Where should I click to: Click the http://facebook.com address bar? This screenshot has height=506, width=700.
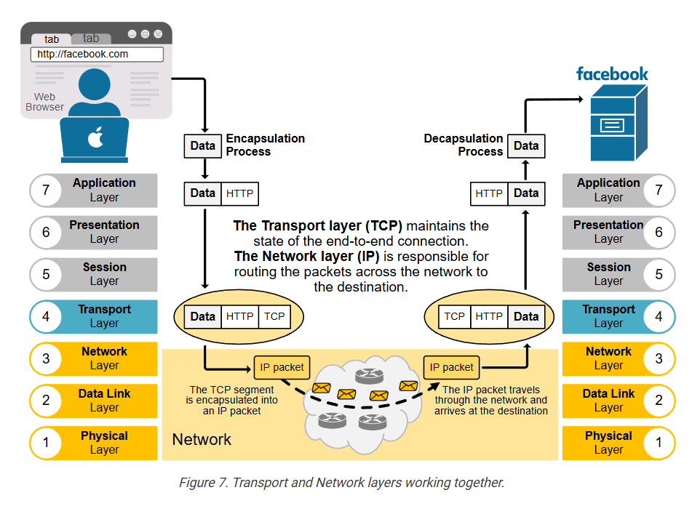click(97, 54)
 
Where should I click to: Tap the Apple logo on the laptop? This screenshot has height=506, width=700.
click(95, 138)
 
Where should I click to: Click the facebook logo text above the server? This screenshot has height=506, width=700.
click(612, 73)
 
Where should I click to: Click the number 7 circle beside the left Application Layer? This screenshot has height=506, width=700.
click(46, 190)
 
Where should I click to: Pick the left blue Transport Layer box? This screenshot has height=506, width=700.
click(104, 316)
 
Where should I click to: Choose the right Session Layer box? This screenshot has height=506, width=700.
click(608, 274)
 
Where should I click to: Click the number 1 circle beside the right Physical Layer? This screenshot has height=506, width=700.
click(659, 443)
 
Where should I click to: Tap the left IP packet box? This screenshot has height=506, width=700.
click(282, 367)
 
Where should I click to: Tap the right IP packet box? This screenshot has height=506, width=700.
click(452, 367)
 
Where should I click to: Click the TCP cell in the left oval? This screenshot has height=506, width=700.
click(274, 316)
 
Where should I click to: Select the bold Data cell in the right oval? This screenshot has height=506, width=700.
click(525, 316)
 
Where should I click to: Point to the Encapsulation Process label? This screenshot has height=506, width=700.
click(265, 145)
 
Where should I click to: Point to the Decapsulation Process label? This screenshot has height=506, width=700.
click(464, 145)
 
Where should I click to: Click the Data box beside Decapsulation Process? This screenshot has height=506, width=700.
click(525, 145)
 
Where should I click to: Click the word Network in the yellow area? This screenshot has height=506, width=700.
click(202, 440)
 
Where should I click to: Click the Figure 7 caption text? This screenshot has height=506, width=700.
click(341, 483)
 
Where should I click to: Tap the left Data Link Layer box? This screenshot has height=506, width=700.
click(104, 401)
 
